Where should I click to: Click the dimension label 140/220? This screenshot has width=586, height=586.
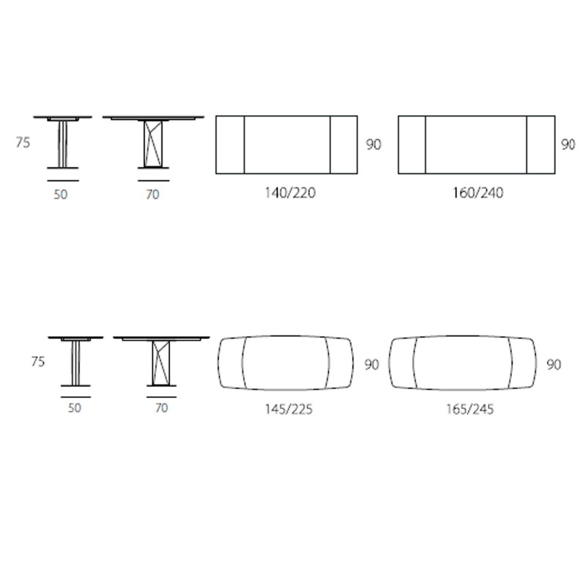tap(290, 193)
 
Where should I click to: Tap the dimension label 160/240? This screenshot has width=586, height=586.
tap(478, 193)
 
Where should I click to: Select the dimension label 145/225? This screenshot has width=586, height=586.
tap(289, 409)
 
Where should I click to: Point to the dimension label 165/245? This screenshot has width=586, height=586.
tap(470, 409)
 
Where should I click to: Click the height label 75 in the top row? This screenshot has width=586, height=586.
tap(23, 142)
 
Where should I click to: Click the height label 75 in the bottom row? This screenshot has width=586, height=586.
tap(38, 361)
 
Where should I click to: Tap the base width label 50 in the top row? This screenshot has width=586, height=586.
tap(61, 194)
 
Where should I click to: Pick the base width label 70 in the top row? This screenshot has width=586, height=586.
tap(152, 194)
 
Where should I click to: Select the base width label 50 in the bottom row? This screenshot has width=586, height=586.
tap(75, 408)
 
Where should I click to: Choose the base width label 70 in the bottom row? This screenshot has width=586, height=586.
tap(161, 408)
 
